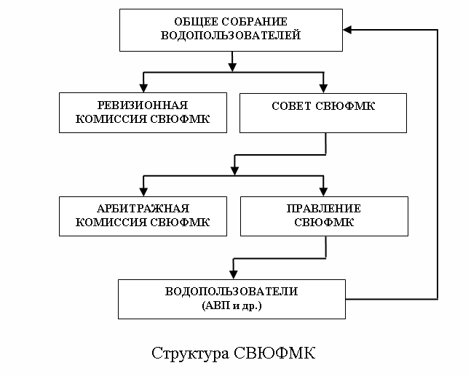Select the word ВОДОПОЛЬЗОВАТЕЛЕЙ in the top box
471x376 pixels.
coord(231,34)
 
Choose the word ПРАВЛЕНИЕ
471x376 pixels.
coord(324,209)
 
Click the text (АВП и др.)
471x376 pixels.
coord(231,306)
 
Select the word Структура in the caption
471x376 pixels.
coord(190,354)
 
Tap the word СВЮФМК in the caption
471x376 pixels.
coord(276,354)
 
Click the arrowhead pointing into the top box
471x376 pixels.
coord(349,30)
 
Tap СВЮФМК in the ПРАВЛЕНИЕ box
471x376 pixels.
coord(324,223)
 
